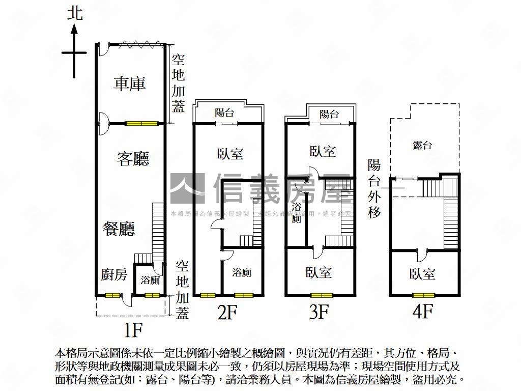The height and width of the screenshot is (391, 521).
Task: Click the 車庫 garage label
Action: (129, 84)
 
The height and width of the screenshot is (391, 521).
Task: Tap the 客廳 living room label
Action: (133, 159)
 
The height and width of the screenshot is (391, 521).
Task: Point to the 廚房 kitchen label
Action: (113, 275)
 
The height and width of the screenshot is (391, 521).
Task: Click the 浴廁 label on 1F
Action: (151, 280)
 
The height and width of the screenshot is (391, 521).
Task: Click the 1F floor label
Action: (133, 330)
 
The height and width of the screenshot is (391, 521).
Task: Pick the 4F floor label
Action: (423, 310)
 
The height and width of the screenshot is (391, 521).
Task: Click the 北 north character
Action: (75, 13)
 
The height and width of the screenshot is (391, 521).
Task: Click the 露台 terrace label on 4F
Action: (422, 146)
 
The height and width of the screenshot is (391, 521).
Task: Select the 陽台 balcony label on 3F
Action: (329, 114)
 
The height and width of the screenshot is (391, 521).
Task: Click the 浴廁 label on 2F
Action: (242, 272)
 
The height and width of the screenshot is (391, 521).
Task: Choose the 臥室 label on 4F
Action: (422, 274)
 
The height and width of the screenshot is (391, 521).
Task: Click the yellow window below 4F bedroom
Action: (424, 295)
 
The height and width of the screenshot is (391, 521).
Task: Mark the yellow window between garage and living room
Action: (142, 123)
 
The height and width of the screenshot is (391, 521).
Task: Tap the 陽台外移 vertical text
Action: (374, 188)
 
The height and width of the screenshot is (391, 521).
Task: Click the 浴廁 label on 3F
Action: (296, 212)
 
